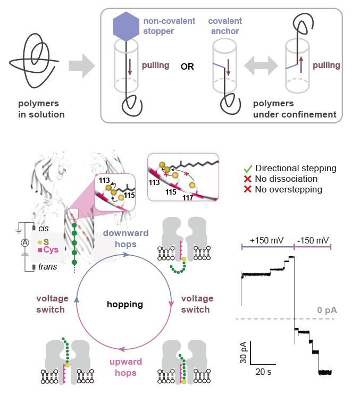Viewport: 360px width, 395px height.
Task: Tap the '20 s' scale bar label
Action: pos(262,372)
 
